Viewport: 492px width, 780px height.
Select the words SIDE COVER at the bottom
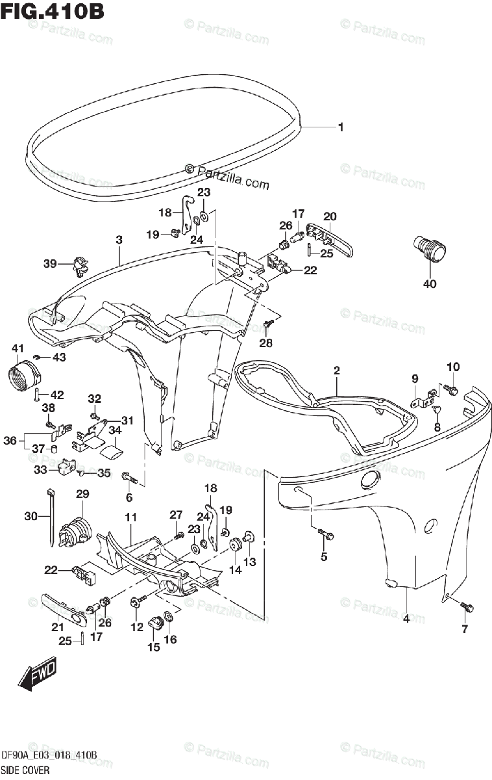(x=25, y=770)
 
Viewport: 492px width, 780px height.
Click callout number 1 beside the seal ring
(x=340, y=127)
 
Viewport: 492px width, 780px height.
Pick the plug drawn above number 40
(x=430, y=248)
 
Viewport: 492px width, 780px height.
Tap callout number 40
(x=430, y=283)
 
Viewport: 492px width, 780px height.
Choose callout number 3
(x=119, y=240)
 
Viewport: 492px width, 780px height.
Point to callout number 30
(x=31, y=516)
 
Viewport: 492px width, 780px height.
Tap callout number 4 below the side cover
(x=406, y=618)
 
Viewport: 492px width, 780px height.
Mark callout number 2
(x=336, y=370)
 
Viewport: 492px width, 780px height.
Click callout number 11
(x=130, y=517)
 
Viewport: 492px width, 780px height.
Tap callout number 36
(x=9, y=440)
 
